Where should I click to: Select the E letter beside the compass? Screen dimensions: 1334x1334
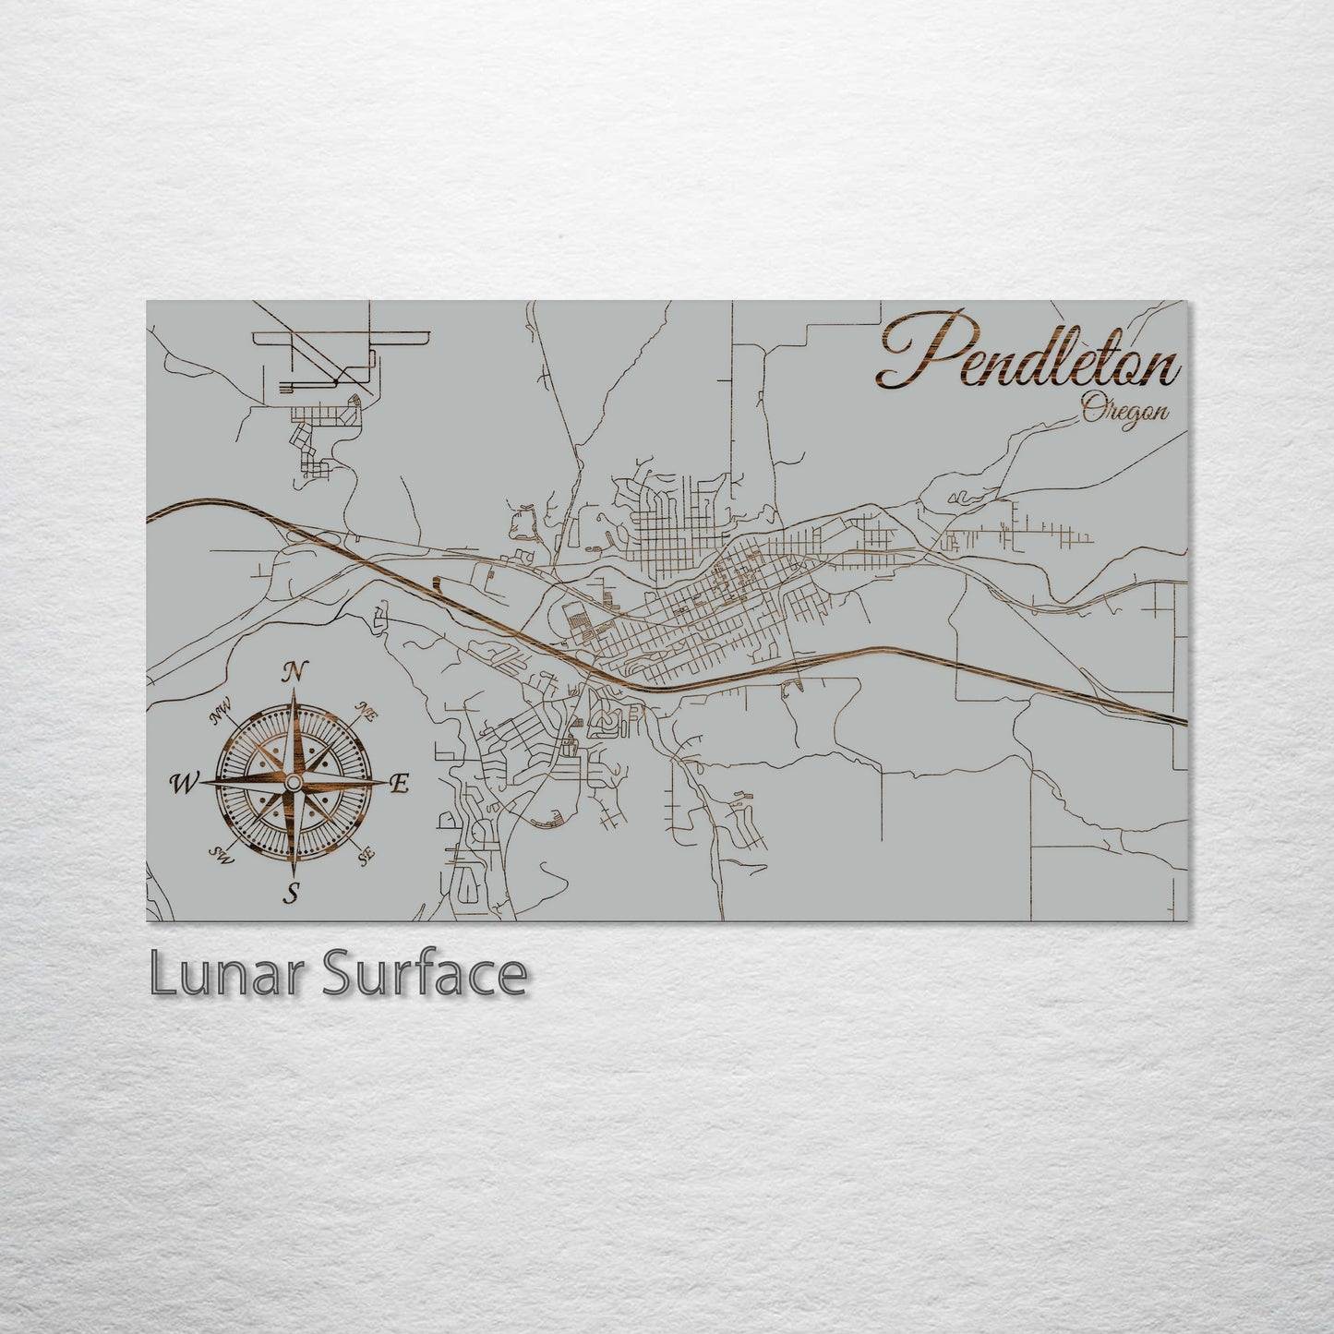[400, 784]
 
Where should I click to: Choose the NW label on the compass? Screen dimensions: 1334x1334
[221, 712]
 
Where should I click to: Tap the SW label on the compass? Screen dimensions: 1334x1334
[222, 855]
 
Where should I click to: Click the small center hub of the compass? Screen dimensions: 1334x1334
[293, 783]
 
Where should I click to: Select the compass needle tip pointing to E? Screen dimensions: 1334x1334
[387, 783]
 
